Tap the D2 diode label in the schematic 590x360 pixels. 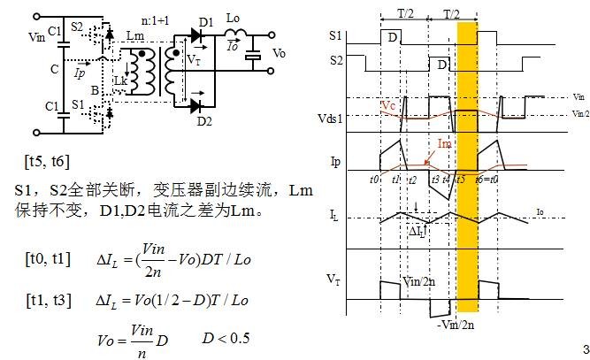[209, 121]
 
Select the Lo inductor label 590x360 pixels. [234, 17]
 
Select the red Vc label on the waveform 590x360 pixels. [390, 105]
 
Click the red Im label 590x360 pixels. [445, 142]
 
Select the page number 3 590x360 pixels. [584, 348]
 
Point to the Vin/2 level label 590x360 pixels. [579, 113]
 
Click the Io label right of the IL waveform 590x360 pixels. [540, 211]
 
